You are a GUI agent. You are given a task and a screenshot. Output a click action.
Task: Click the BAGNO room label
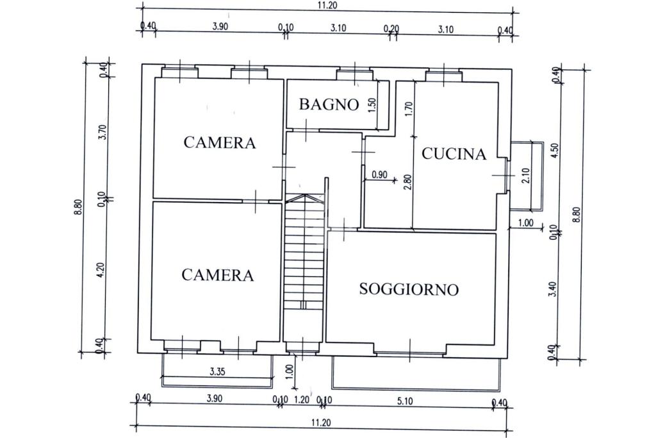tap(329, 104)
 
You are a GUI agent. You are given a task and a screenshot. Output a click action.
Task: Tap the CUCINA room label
tap(454, 154)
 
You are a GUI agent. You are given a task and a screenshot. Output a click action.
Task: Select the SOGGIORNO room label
tap(409, 289)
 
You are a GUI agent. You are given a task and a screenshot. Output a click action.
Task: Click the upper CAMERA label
tap(219, 142)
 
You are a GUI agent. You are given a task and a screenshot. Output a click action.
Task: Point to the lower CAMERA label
tap(218, 275)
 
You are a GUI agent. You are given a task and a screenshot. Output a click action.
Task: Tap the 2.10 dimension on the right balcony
tap(525, 175)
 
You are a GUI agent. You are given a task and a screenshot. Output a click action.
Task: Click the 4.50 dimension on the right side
tap(555, 149)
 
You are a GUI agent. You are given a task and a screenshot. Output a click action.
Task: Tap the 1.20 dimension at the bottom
tap(302, 400)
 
